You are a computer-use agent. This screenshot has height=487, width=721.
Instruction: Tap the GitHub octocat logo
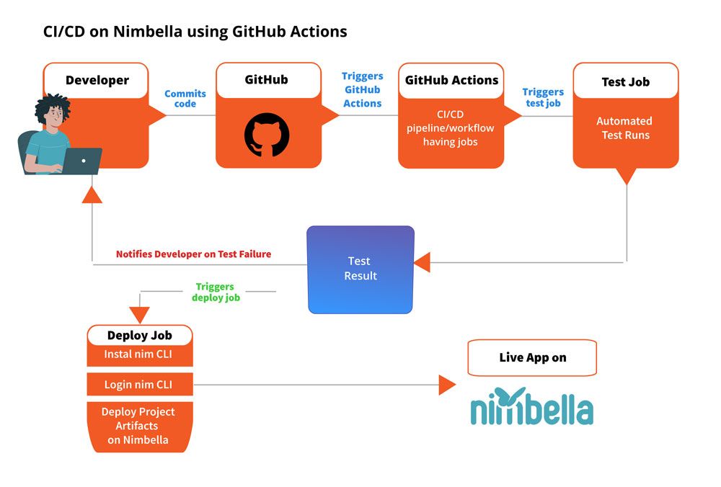point(267,135)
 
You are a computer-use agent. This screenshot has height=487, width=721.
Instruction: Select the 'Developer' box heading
point(97,80)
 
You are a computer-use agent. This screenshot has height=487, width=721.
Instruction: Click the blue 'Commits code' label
point(185,99)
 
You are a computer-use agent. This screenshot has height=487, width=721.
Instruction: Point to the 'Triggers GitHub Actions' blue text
point(362,90)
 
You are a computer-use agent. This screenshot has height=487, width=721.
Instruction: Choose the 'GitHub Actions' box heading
point(451,80)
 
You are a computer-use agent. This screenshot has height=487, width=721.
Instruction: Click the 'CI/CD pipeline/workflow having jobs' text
point(450,128)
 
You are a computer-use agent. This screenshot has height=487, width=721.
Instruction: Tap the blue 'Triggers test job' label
point(542,97)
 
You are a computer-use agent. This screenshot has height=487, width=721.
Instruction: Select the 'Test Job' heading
point(625,82)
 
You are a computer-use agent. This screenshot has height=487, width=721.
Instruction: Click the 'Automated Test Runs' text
point(624,128)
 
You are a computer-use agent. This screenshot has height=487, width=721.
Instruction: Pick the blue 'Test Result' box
point(360,269)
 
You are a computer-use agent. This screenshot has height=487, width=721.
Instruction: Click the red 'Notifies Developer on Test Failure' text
point(193,254)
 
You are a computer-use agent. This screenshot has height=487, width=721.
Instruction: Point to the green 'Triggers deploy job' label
point(215,292)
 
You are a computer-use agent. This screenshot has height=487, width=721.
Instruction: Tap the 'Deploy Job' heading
point(139,335)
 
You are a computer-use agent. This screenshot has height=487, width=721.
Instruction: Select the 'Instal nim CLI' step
point(139,354)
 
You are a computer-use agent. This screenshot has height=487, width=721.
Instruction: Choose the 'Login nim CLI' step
point(139,385)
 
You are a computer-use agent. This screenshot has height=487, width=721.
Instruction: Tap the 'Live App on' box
point(532,358)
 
